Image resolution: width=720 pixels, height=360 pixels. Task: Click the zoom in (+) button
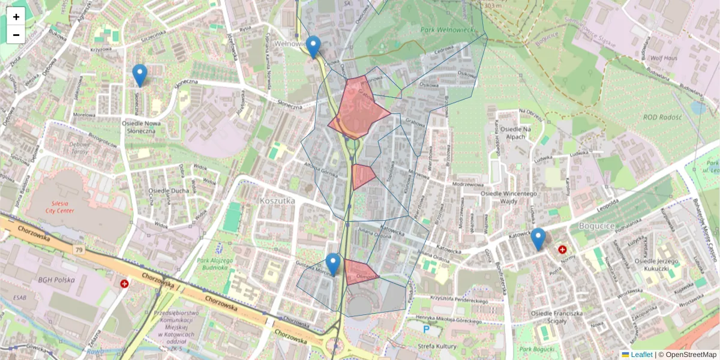pyautogui.click(x=16, y=17)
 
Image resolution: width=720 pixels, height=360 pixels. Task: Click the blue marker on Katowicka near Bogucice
pyautogui.click(x=538, y=238)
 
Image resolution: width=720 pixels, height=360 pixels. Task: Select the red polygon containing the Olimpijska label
pyautogui.click(x=360, y=273)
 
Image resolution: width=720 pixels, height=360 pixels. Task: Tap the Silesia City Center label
pyautogui.click(x=67, y=207)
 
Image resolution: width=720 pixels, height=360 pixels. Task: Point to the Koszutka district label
pyautogui.click(x=277, y=200)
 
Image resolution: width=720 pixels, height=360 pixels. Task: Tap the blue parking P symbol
pyautogui.click(x=427, y=329)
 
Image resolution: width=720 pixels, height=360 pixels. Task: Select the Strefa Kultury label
pyautogui.click(x=438, y=346)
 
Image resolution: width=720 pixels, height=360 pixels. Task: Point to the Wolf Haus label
pyautogui.click(x=663, y=58)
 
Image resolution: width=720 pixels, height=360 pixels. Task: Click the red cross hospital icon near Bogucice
pyautogui.click(x=562, y=249)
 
